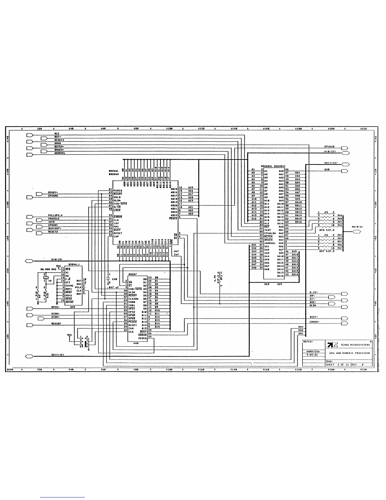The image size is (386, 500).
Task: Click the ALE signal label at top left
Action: click(x=57, y=134)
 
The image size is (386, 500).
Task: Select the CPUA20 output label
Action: click(x=329, y=147)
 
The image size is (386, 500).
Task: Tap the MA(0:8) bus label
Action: click(x=357, y=227)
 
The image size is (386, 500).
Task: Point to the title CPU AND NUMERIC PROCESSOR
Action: click(x=350, y=353)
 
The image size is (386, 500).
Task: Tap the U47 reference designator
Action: click(x=176, y=251)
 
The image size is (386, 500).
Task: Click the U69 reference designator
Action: click(x=267, y=284)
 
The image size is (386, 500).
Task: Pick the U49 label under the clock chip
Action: click(x=73, y=307)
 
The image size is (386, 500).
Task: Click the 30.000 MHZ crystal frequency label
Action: click(x=48, y=269)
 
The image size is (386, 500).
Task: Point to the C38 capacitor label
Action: click(x=114, y=279)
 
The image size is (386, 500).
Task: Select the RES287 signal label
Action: click(x=56, y=324)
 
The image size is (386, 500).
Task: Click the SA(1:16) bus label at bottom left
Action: click(x=58, y=355)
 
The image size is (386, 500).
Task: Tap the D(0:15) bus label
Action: click(x=57, y=259)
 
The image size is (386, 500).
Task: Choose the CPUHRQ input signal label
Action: click(x=53, y=196)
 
